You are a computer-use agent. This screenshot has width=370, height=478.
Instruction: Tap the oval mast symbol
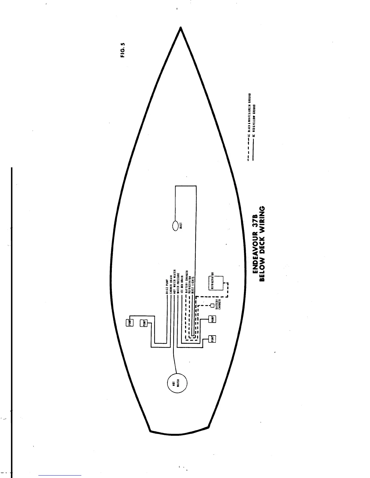pos(175,226)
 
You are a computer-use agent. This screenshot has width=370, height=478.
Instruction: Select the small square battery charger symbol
pos(212,305)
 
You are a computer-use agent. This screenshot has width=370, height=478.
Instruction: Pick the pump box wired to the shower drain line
pos(144,323)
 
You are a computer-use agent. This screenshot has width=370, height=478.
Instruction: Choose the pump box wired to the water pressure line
pos(212,319)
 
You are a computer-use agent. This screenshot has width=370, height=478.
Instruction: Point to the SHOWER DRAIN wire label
pos(171,284)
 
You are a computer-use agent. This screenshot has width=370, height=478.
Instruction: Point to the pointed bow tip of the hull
pos(180,28)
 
